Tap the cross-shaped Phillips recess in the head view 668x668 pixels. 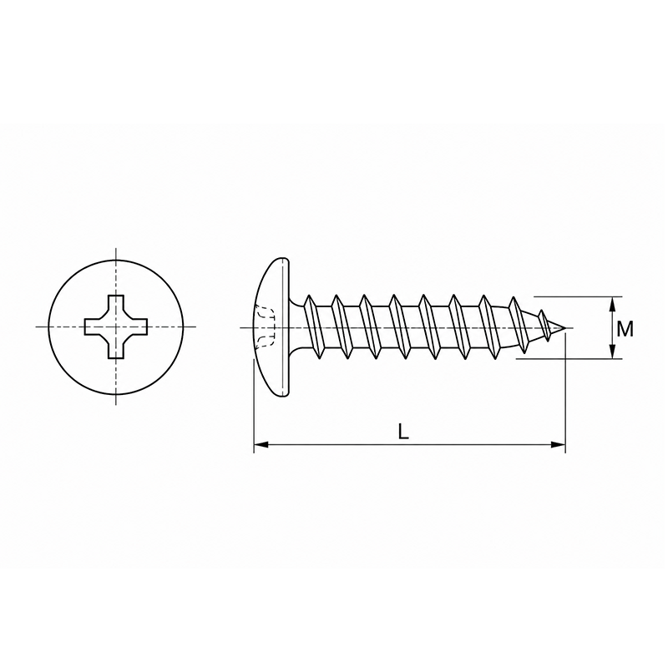point(116,326)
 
